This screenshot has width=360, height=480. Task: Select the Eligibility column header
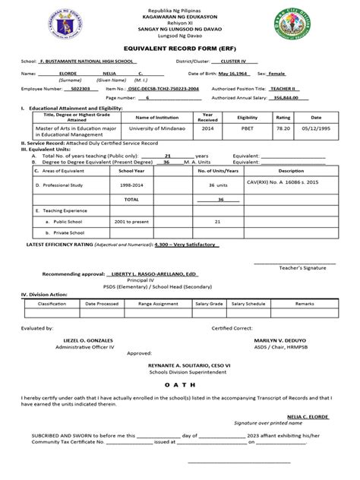point(248,118)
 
